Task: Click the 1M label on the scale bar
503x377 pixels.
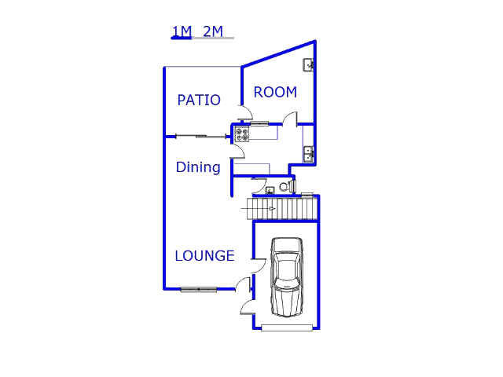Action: click(182, 31)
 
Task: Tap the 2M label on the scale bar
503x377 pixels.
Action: click(213, 31)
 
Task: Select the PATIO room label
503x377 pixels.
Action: click(199, 100)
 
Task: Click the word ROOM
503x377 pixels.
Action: click(275, 93)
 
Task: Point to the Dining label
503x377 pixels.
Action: click(198, 167)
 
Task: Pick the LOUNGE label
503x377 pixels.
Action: click(204, 256)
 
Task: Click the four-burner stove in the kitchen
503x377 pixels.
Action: click(242, 134)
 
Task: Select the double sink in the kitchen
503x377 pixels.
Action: click(309, 154)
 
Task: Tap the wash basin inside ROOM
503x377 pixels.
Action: click(308, 65)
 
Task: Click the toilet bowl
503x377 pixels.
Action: click(288, 186)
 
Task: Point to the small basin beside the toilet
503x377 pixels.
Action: click(270, 190)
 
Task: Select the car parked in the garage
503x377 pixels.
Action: click(287, 277)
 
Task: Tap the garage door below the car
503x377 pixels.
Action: click(287, 328)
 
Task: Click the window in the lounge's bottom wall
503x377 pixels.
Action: click(199, 290)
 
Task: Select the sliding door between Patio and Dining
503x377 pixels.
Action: click(201, 137)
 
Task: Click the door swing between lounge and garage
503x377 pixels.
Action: click(259, 265)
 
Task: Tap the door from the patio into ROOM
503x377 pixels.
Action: click(245, 112)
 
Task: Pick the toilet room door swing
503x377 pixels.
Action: click(259, 185)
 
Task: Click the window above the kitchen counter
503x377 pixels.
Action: click(259, 124)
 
